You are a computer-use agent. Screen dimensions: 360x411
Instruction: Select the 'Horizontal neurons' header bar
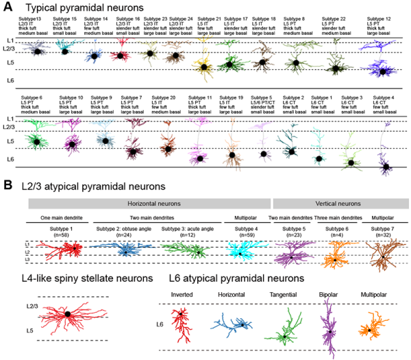(149, 204)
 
